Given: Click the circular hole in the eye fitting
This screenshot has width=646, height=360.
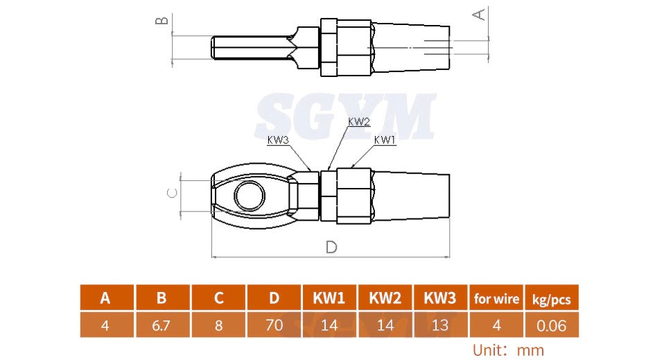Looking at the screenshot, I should click(249, 196).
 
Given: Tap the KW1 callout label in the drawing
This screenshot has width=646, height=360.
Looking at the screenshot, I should click(385, 139).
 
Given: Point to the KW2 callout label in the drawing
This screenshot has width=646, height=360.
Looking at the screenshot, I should click(358, 121).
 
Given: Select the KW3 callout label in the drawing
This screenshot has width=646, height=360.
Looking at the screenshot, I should click(279, 139).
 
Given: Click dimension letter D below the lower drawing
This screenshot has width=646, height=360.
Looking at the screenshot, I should click(331, 248).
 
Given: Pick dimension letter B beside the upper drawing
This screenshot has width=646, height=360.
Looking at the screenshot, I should click(161, 19).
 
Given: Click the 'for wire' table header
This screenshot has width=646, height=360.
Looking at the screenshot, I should click(496, 299).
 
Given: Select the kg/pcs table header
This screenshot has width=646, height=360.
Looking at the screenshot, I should click(552, 299).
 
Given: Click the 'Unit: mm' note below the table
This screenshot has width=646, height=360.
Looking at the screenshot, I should click(508, 350).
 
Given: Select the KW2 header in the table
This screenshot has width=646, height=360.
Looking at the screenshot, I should click(385, 299).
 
